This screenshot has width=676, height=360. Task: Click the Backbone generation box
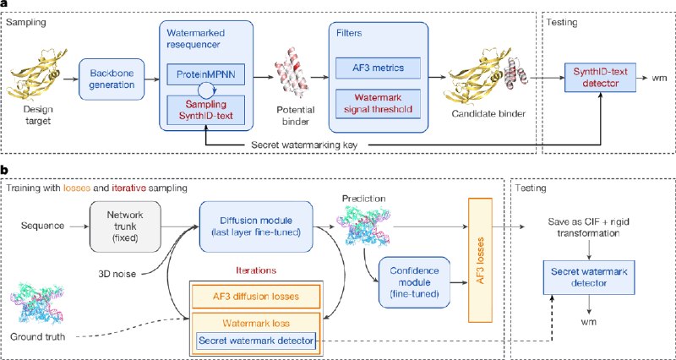[x=111, y=79]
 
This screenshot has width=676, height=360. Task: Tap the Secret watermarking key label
[x=310, y=145]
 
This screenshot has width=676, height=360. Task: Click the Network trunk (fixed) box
[x=125, y=226]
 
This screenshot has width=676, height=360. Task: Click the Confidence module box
[x=413, y=283]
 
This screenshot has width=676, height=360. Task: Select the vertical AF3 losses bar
[x=480, y=260]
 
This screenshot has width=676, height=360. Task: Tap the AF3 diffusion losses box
[x=256, y=297]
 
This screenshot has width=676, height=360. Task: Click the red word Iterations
[x=256, y=270]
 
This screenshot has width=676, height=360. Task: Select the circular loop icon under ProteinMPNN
[x=206, y=90]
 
